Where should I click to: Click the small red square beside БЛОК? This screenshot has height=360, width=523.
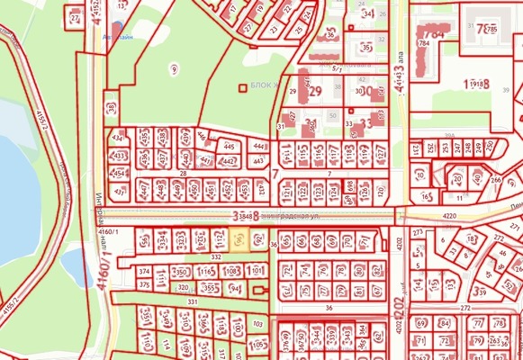[240, 87]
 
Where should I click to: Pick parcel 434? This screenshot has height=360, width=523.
[118, 138]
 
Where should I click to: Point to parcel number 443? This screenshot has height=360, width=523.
[259, 162]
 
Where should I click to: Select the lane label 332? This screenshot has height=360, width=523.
[216, 256]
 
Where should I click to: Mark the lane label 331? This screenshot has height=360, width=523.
[192, 302]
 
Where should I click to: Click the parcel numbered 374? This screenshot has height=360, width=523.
[143, 271]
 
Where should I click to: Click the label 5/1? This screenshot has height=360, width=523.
[338, 69]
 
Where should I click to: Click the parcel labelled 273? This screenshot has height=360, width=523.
[417, 232]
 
